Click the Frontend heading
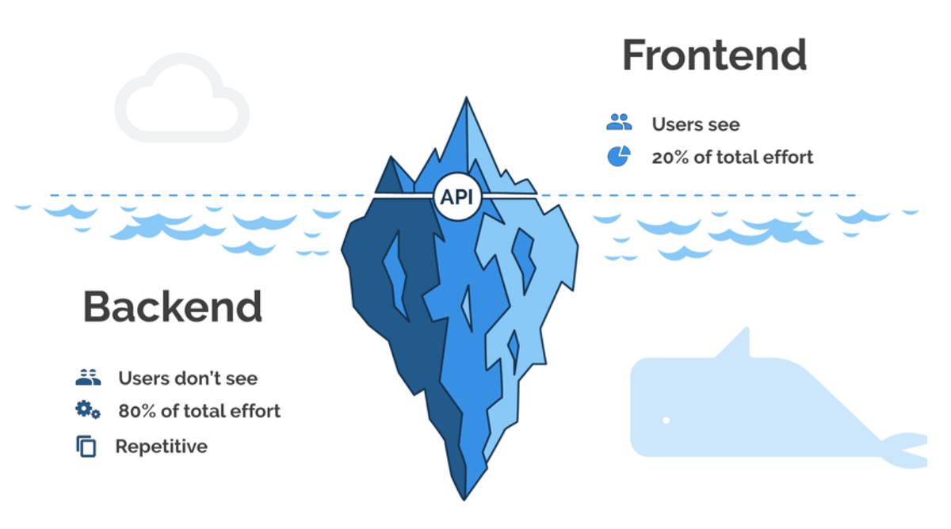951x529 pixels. click(x=714, y=55)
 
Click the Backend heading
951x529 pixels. click(x=173, y=306)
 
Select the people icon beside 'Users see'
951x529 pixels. click(x=619, y=123)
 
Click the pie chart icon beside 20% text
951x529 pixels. click(x=618, y=156)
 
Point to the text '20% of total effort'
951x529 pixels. click(x=732, y=157)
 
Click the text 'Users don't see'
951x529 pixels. click(x=188, y=379)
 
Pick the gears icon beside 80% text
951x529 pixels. click(x=87, y=410)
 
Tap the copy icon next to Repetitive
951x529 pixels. click(x=86, y=447)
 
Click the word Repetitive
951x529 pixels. click(x=162, y=447)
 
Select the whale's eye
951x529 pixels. click(x=666, y=419)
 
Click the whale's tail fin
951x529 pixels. click(x=907, y=448)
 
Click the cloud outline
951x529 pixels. click(x=181, y=99)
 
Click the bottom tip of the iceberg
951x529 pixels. click(x=464, y=497)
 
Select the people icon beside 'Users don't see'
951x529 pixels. click(x=89, y=377)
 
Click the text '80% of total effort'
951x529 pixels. click(x=199, y=411)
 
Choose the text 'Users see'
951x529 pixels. click(x=695, y=124)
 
